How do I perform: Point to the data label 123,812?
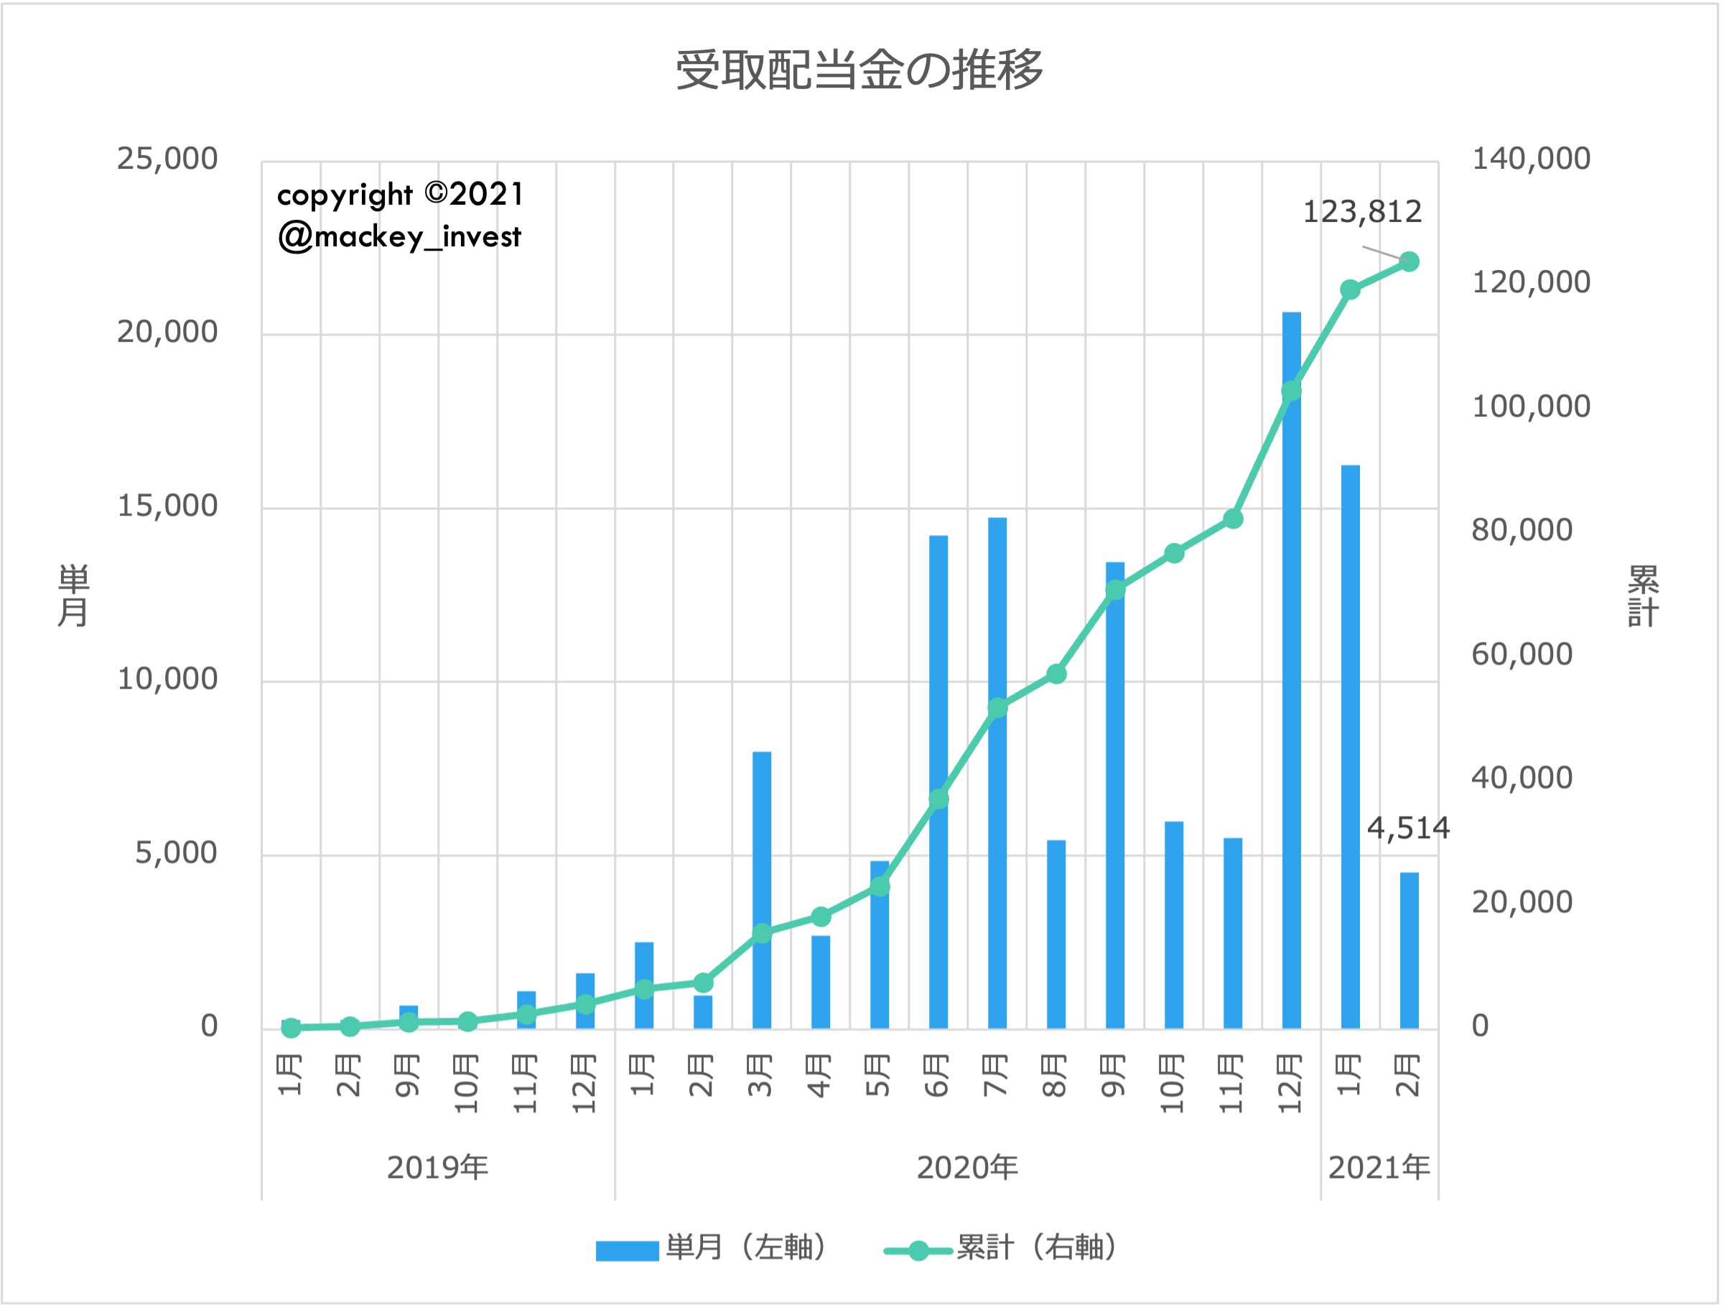coord(1362,212)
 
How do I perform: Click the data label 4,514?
coord(1407,828)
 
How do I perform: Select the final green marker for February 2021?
coord(1409,262)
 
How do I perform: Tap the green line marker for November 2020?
coord(1233,519)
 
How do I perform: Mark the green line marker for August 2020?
coord(1056,674)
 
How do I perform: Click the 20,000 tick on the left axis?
coord(167,333)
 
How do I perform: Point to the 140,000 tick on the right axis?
coord(1531,159)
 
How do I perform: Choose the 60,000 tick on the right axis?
coord(1522,655)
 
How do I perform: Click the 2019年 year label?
coord(437,1168)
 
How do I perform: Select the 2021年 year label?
coord(1379,1168)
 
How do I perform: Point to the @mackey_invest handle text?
coord(399,237)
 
